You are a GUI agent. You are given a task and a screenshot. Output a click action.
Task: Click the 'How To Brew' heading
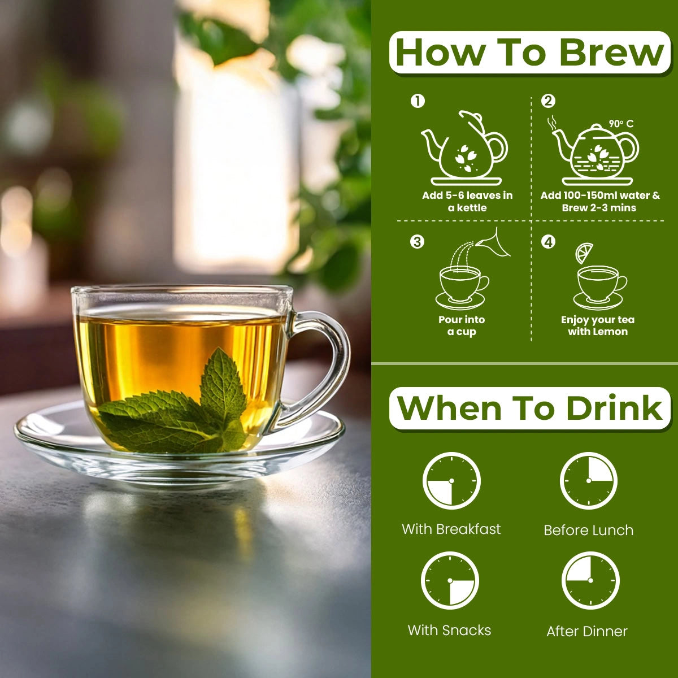pyautogui.click(x=529, y=53)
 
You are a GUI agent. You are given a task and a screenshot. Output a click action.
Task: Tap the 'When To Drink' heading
pyautogui.click(x=529, y=408)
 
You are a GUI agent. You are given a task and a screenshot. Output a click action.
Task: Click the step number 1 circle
pyautogui.click(x=418, y=101)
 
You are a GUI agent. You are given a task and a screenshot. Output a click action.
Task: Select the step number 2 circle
pyautogui.click(x=548, y=101)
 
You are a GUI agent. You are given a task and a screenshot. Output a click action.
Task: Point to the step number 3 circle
pyautogui.click(x=418, y=242)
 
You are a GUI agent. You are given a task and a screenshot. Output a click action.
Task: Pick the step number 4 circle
pyautogui.click(x=548, y=242)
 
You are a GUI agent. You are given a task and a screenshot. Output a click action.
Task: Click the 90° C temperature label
pyautogui.click(x=621, y=124)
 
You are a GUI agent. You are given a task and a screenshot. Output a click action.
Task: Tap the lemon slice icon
pyautogui.click(x=584, y=253)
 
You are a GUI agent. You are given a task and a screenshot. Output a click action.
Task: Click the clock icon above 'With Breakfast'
pyautogui.click(x=451, y=481)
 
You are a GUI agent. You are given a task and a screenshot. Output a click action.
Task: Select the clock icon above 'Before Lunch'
pyautogui.click(x=589, y=481)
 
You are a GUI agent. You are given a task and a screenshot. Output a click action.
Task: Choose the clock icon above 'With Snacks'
pyautogui.click(x=450, y=581)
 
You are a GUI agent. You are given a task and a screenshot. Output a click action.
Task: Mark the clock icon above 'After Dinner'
pyautogui.click(x=590, y=581)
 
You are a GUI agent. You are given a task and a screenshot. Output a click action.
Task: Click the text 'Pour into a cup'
pyautogui.click(x=462, y=325)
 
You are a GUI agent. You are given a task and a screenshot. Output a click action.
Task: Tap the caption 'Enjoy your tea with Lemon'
pyautogui.click(x=598, y=325)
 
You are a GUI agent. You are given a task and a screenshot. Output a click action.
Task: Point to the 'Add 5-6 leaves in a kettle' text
pyautogui.click(x=467, y=201)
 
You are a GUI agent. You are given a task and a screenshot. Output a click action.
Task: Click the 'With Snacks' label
pyautogui.click(x=449, y=630)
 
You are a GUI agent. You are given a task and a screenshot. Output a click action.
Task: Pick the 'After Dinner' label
pyautogui.click(x=587, y=631)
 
